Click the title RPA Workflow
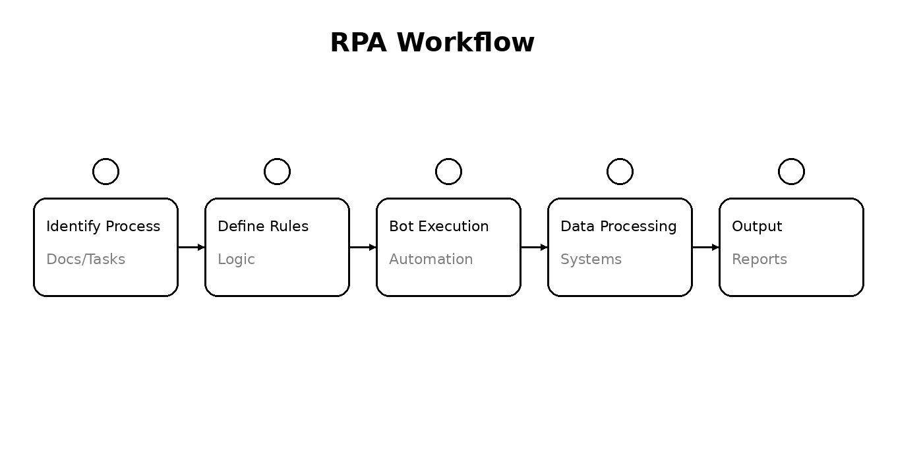(x=432, y=43)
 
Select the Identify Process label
(x=103, y=227)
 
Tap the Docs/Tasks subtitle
(x=86, y=259)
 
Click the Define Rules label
(x=263, y=227)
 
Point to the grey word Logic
(x=236, y=259)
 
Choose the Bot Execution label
(x=438, y=227)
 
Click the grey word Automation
(x=431, y=259)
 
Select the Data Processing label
(x=618, y=227)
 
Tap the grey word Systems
(x=591, y=259)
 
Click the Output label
(x=757, y=227)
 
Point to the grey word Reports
(x=759, y=259)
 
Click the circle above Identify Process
(x=105, y=171)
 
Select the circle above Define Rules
(x=277, y=171)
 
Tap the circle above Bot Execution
(x=448, y=171)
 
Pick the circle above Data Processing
(x=620, y=171)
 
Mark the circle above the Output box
(x=791, y=171)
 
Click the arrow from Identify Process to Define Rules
(x=191, y=248)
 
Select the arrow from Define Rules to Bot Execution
(x=363, y=248)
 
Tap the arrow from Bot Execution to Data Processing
(x=534, y=248)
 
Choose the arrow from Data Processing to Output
(x=705, y=248)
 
